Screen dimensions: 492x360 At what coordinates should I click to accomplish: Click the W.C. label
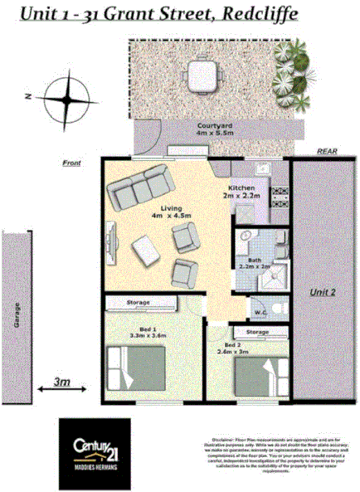tap(260, 313)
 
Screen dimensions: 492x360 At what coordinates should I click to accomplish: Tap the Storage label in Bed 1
tap(139, 304)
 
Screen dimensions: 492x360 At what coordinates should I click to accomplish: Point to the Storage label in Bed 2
tap(258, 332)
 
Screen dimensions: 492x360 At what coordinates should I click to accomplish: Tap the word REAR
tap(326, 152)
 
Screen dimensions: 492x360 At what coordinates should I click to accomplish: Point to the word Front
tap(72, 163)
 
